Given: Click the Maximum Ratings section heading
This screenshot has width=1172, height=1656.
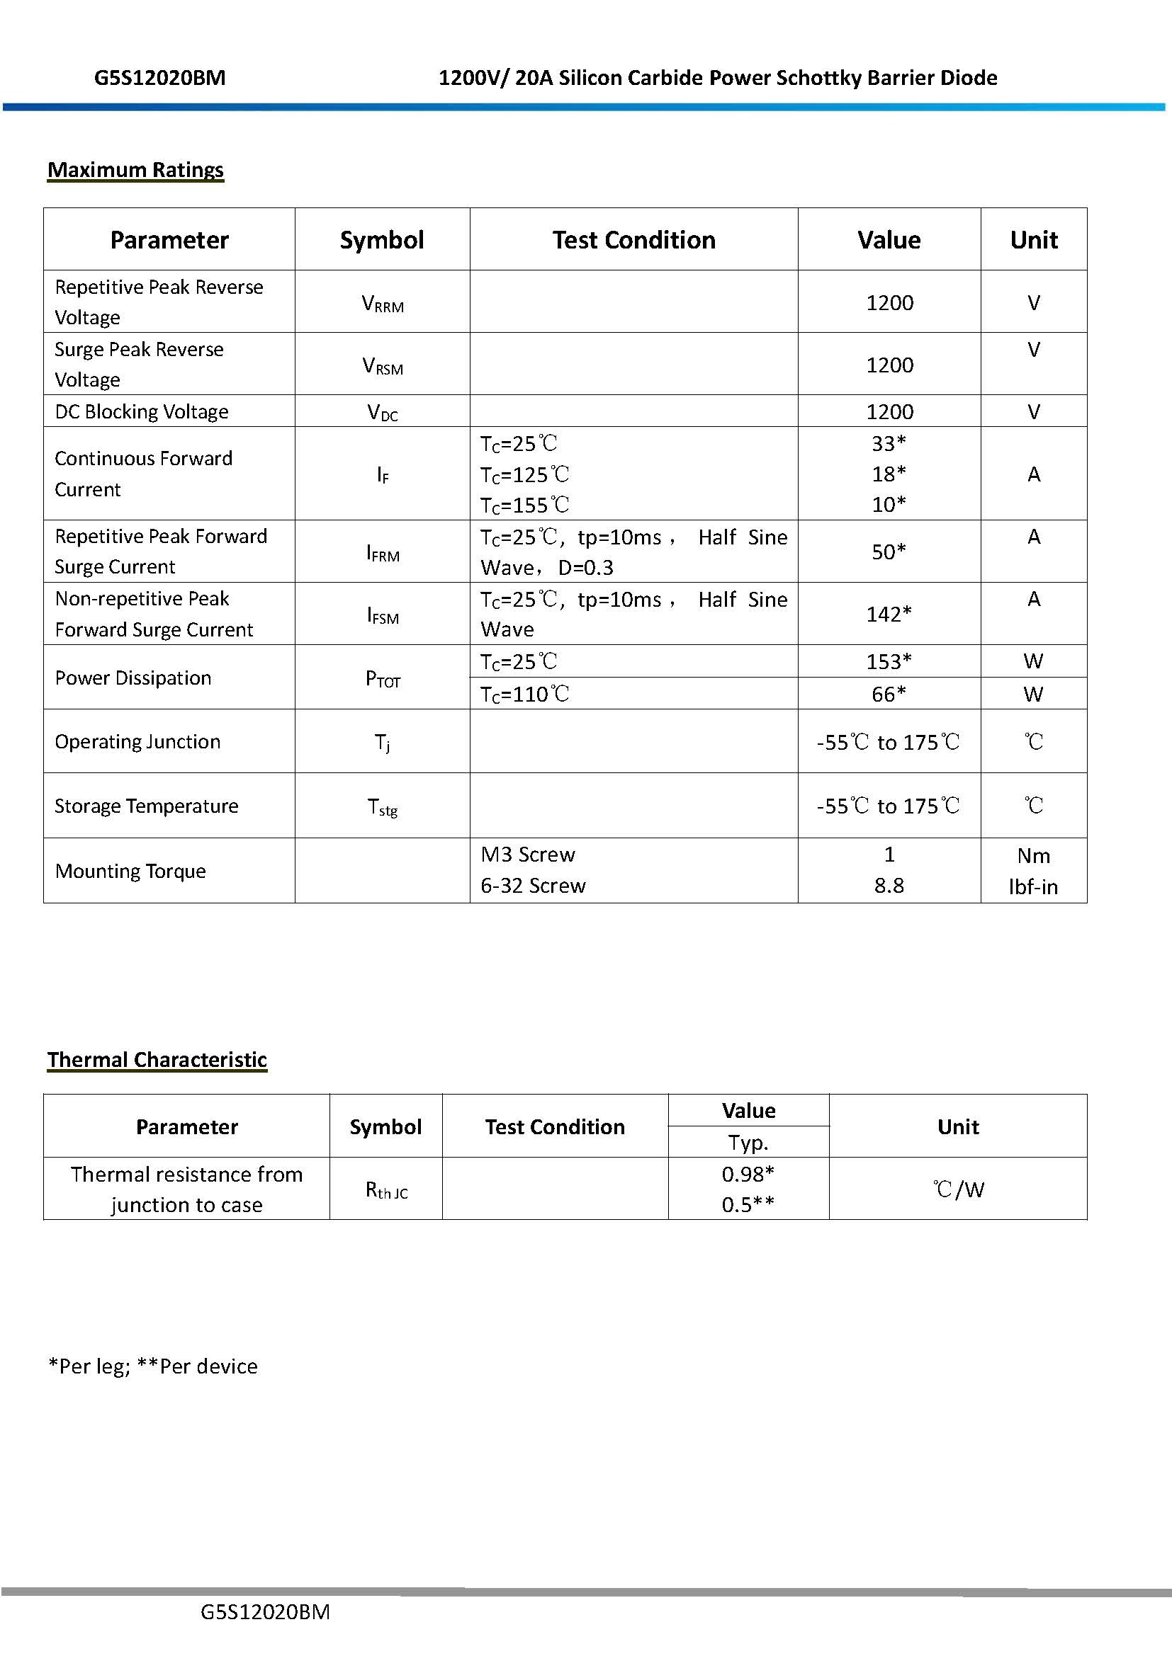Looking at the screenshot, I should point(135,170).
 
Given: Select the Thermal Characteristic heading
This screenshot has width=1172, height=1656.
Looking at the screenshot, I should point(157,1060).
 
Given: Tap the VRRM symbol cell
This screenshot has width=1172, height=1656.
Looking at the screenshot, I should point(383,304).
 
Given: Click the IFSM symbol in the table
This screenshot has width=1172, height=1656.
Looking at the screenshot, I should point(383,615).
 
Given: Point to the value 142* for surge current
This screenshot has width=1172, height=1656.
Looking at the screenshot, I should point(889,614).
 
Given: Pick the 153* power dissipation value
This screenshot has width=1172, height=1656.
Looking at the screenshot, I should point(889,661).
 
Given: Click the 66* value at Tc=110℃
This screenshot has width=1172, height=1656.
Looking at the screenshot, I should point(889,694).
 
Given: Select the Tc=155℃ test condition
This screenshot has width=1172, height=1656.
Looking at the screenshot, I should point(525,505).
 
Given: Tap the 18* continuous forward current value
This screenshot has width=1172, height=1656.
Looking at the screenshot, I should point(889,474).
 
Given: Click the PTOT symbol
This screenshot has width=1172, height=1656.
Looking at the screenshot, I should point(383,679).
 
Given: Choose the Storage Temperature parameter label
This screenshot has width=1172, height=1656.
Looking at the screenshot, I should point(147,806).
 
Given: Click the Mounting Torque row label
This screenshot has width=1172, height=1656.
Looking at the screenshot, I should point(130,872).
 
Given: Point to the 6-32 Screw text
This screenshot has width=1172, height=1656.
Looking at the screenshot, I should point(534,886).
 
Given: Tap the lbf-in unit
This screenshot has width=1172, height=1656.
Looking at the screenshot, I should point(1033,887).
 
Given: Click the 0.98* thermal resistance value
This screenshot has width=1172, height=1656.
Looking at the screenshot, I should point(748,1174).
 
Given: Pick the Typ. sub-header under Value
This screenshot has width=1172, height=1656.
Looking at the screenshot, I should point(748,1143).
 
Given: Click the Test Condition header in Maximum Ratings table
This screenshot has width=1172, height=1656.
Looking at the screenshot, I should point(633,240).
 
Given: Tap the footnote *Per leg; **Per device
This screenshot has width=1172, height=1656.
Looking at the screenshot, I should point(153,1366).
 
